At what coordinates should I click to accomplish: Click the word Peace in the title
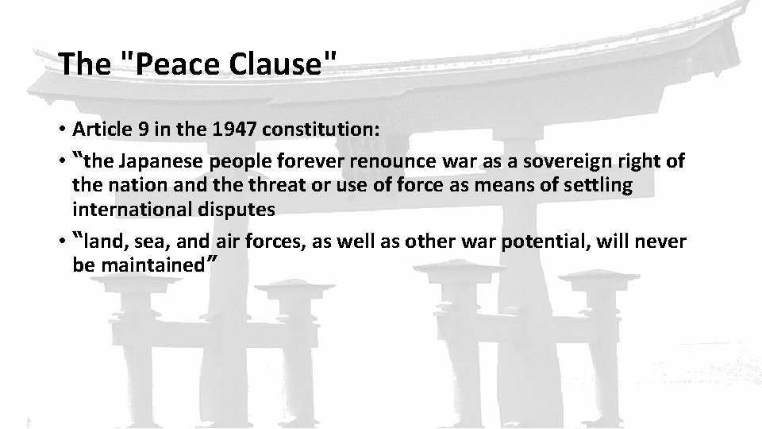pos(171,64)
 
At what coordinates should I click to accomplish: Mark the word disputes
pos(239,210)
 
